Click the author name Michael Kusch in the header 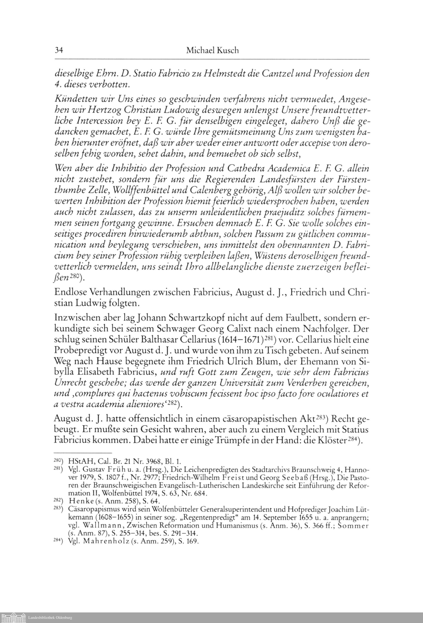[212, 50]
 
